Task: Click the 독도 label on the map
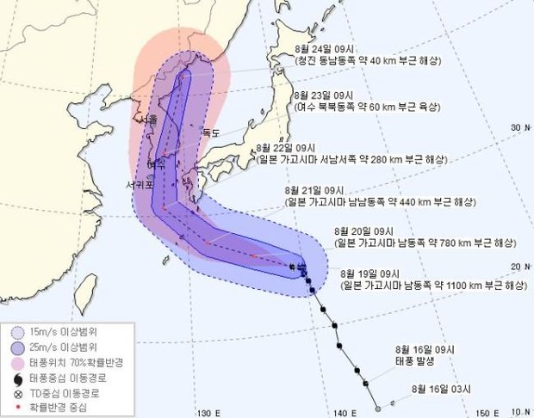[x=211, y=132]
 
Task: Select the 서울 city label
[x=147, y=120]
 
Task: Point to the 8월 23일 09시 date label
[x=324, y=94]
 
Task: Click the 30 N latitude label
[x=518, y=127]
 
